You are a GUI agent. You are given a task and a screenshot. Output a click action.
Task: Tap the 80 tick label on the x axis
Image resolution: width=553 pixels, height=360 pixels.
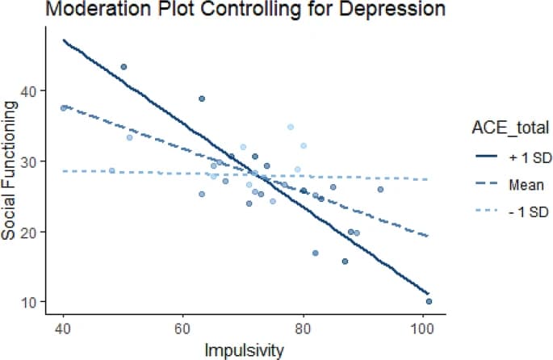(x=303, y=329)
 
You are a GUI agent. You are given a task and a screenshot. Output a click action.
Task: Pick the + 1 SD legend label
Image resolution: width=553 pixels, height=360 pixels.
(x=513, y=156)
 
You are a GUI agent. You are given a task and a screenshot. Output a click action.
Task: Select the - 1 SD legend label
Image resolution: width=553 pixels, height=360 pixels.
(x=513, y=214)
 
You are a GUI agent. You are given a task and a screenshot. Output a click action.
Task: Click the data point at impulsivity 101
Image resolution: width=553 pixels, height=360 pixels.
(x=429, y=301)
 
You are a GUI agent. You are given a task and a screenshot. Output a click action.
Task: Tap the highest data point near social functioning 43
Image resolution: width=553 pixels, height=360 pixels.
(x=124, y=67)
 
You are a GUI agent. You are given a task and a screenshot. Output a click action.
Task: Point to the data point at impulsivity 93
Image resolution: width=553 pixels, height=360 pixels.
(x=380, y=190)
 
